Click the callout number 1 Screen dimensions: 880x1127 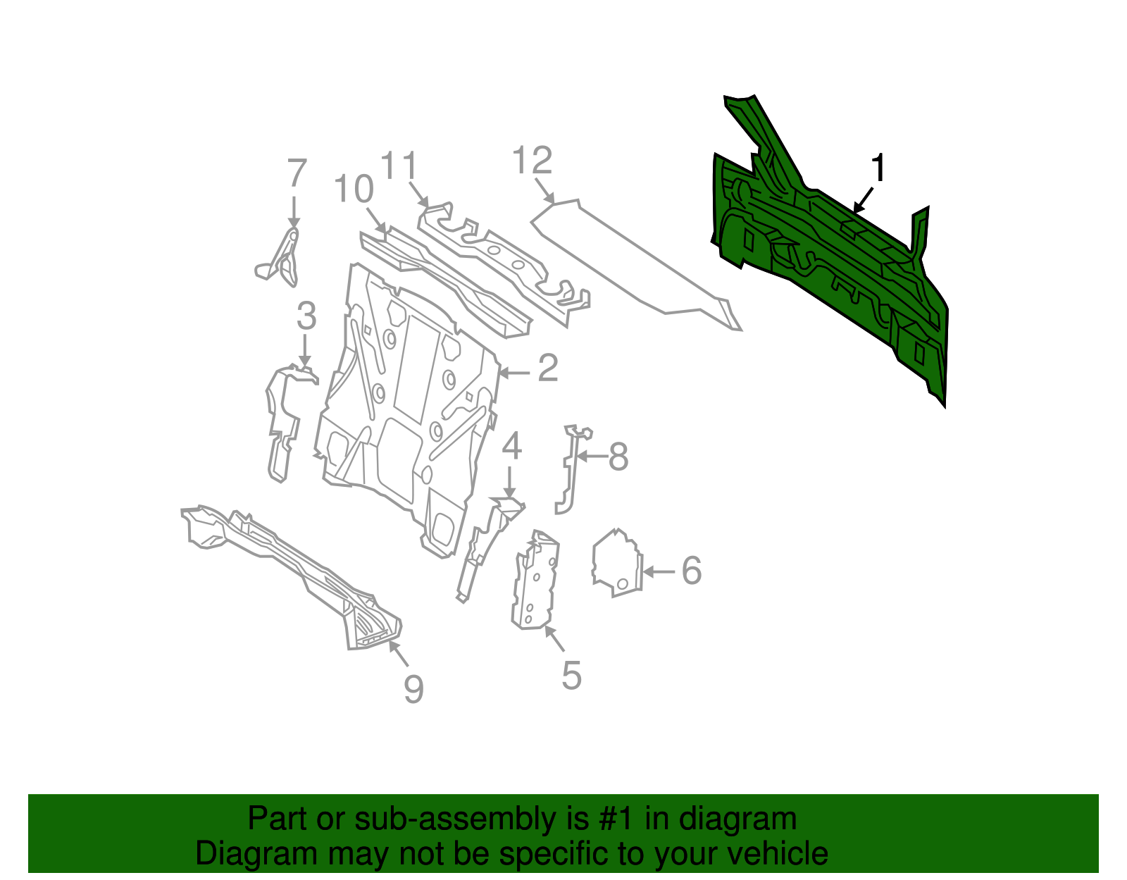pyautogui.click(x=878, y=169)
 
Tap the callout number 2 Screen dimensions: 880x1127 pyautogui.click(x=548, y=368)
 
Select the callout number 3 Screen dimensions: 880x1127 pyautogui.click(x=306, y=316)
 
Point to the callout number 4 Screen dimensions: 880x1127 pyautogui.click(x=512, y=446)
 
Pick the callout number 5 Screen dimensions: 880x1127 pyautogui.click(x=571, y=676)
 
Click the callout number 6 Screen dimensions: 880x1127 pyautogui.click(x=692, y=571)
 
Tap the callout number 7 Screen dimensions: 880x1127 pyautogui.click(x=297, y=173)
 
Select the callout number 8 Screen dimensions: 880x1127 pyautogui.click(x=618, y=457)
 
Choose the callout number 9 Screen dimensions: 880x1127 pyautogui.click(x=413, y=688)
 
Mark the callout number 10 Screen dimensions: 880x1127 pyautogui.click(x=354, y=189)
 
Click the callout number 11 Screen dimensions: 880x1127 pyautogui.click(x=399, y=166)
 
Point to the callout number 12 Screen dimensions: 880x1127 pyautogui.click(x=532, y=161)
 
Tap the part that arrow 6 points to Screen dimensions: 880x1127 pyautogui.click(x=617, y=564)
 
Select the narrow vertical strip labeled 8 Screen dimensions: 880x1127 pyautogui.click(x=568, y=469)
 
